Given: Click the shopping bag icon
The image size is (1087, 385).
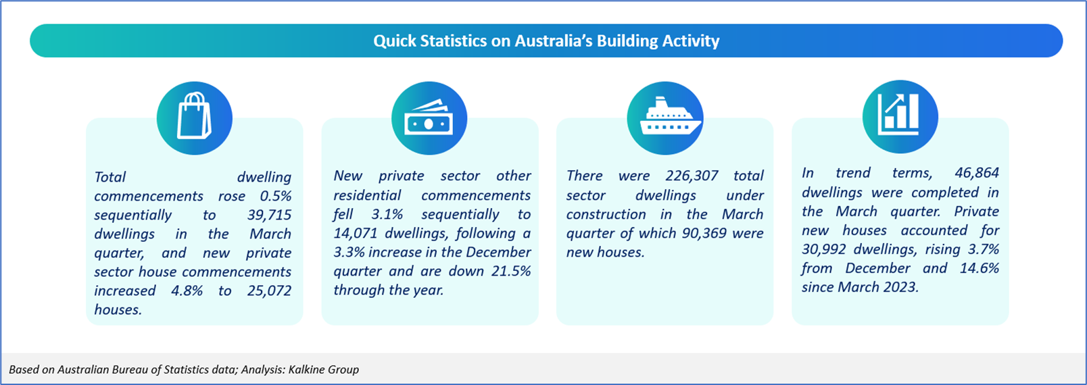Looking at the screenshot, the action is pos(194,116).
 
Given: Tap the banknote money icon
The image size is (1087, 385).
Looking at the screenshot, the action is pos(429,118).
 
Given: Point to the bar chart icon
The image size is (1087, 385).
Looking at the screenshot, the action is pos(898,114).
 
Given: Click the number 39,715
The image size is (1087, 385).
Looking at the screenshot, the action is pos(269,215).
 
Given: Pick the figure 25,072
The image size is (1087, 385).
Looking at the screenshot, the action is pos(269,290).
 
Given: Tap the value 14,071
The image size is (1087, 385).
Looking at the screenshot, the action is pos(355,233).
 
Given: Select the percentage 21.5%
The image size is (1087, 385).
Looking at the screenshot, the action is pos(511,271).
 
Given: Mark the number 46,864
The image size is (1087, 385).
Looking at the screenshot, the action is pos(977,173).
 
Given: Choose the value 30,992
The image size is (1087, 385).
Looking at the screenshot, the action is pos(823,249).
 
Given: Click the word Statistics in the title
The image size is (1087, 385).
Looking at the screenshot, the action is pos(453,41).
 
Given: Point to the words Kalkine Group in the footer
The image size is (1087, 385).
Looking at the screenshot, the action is pos(324,369).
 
